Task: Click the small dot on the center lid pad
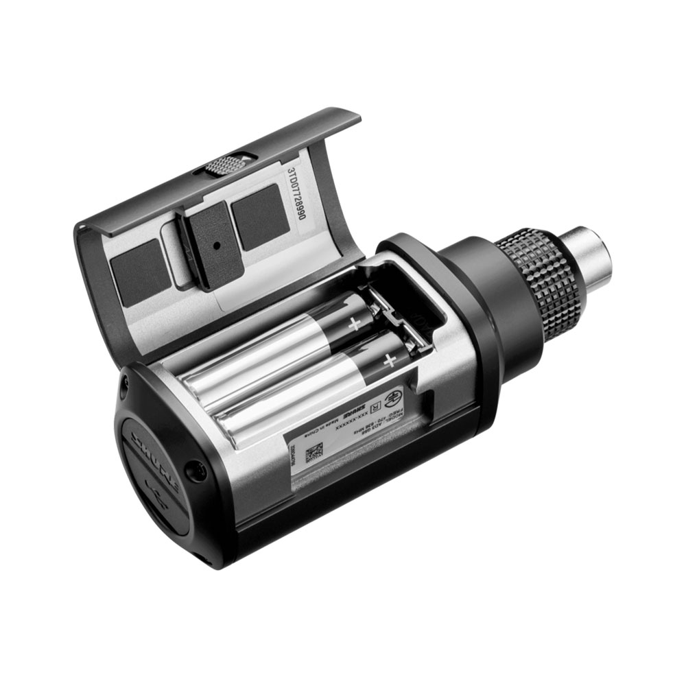[215, 244]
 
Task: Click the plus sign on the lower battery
[390, 359]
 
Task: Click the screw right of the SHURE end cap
[198, 471]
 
